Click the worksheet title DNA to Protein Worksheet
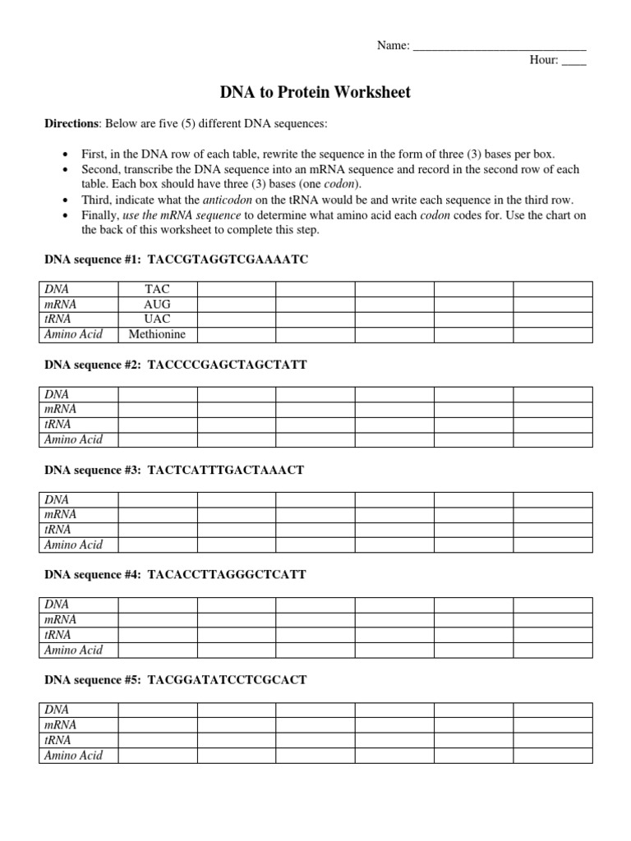(314, 93)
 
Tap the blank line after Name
(499, 47)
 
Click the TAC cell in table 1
(157, 289)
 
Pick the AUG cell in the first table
(157, 304)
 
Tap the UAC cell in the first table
(157, 319)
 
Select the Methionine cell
(157, 334)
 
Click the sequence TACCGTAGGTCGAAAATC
(228, 260)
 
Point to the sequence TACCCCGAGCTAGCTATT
(227, 365)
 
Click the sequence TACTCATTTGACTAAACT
(225, 470)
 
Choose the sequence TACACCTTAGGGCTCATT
(226, 575)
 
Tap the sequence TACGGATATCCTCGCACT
(227, 680)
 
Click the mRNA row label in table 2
(60, 409)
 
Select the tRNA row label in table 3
(58, 529)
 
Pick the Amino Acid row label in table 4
(73, 650)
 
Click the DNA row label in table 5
(57, 710)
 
